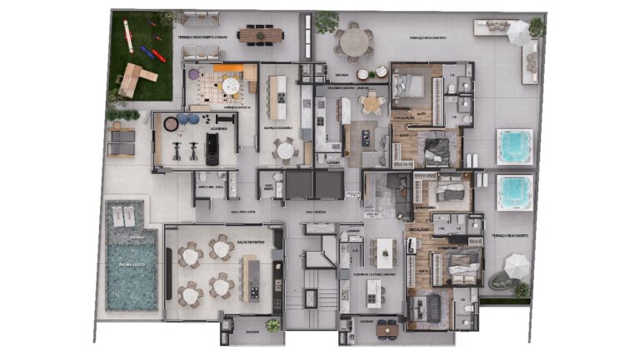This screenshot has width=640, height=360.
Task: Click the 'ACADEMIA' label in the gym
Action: (216, 129)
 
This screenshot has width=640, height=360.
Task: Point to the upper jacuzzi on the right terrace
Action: (513, 146)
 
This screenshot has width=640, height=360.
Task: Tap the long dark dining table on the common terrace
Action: (260, 34)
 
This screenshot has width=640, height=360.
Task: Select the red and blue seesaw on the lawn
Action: (152, 55)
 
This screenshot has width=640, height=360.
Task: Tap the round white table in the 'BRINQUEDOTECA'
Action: (232, 83)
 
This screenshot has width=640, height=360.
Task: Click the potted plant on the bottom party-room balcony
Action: (272, 325)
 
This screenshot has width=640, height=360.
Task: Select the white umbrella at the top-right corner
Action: (518, 32)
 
